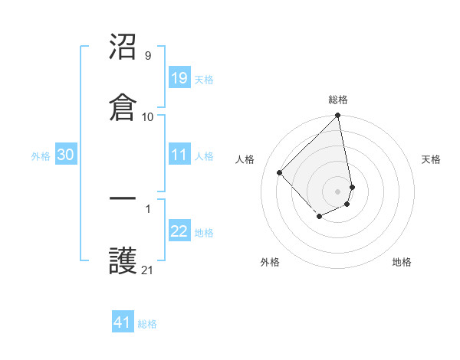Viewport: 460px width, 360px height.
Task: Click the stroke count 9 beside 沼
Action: click(x=147, y=56)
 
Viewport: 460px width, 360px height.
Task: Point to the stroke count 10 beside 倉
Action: click(x=148, y=116)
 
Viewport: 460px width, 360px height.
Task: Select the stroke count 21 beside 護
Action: click(x=148, y=270)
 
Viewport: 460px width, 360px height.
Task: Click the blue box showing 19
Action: click(x=179, y=77)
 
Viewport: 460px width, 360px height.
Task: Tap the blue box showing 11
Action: click(x=179, y=155)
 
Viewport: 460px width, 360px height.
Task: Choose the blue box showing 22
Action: click(x=179, y=231)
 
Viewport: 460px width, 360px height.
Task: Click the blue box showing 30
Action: click(x=66, y=155)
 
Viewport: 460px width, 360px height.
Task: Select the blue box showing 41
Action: click(x=123, y=322)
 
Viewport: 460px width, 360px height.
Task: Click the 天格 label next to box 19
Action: click(x=204, y=79)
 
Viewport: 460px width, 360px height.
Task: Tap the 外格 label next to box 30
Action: click(x=41, y=156)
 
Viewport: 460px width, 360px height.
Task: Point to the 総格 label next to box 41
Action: click(x=147, y=324)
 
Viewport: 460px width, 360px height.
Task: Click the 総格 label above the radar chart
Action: click(x=338, y=100)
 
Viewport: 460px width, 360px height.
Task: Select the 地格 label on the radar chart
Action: click(x=402, y=262)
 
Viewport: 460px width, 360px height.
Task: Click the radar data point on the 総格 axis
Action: click(x=338, y=116)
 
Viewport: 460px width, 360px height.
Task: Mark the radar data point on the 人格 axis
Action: click(x=280, y=172)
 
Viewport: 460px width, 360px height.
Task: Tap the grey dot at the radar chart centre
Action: click(x=338, y=191)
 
